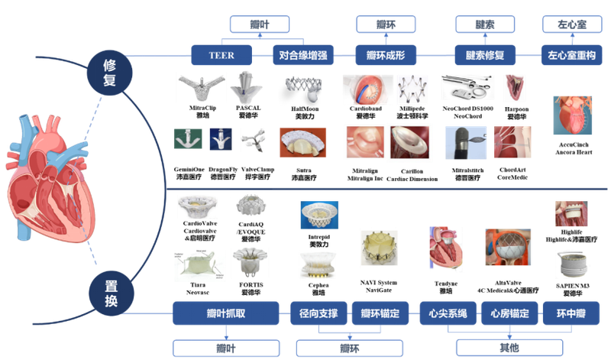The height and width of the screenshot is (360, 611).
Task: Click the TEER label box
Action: [221, 54]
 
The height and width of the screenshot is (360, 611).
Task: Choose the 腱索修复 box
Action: [486, 54]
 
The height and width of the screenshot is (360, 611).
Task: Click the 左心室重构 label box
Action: [572, 54]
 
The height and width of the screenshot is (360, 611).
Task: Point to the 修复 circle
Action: [109, 71]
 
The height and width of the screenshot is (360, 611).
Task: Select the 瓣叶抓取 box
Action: [227, 311]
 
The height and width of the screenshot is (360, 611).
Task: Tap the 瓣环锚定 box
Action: [380, 311]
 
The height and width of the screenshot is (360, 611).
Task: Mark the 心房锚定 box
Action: [509, 311]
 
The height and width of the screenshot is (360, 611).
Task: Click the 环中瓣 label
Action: [571, 311]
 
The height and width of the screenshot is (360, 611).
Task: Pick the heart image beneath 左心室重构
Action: [571, 115]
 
